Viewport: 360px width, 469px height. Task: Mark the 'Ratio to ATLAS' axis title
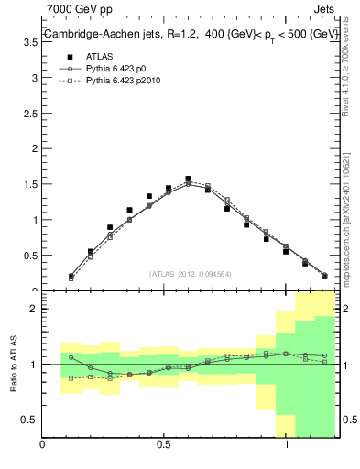15,365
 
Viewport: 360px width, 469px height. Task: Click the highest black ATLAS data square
188,180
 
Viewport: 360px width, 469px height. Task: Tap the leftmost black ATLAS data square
71,276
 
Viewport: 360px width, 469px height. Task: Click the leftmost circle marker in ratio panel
71,358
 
